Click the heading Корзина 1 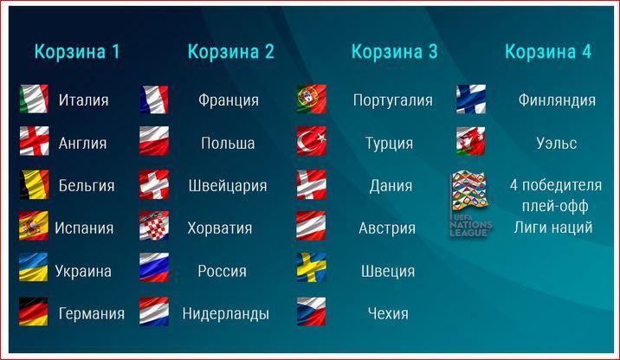click(x=77, y=52)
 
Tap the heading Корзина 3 click(x=395, y=52)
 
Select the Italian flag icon click(x=34, y=99)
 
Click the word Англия click(x=82, y=143)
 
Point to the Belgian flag click(x=34, y=184)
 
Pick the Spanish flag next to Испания click(x=34, y=226)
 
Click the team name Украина click(x=83, y=271)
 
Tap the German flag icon click(x=34, y=312)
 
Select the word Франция click(x=229, y=100)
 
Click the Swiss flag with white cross click(x=154, y=184)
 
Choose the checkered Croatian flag click(x=154, y=226)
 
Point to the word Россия click(x=223, y=271)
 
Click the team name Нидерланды click(x=226, y=314)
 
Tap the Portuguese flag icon click(x=312, y=99)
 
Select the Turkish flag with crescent click(x=312, y=141)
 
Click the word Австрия click(x=387, y=228)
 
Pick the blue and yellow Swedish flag click(x=312, y=267)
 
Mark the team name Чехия click(x=388, y=314)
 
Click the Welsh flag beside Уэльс click(x=471, y=141)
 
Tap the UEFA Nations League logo click(x=470, y=203)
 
